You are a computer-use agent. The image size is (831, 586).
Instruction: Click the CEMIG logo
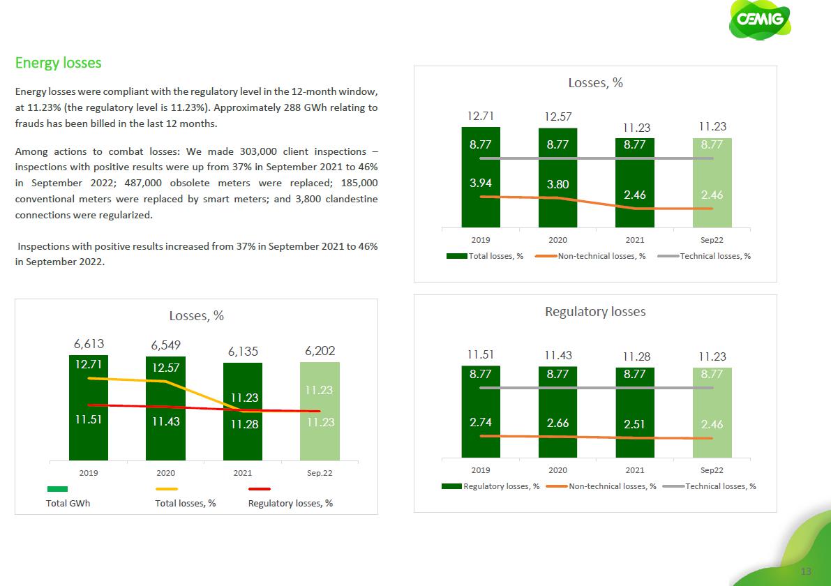(x=760, y=25)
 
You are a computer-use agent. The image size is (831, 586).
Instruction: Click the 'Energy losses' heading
(x=59, y=63)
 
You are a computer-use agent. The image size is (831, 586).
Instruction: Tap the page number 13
(x=807, y=571)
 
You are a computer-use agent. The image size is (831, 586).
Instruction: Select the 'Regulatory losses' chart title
(x=595, y=311)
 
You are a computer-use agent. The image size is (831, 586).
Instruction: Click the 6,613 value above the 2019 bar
(x=88, y=344)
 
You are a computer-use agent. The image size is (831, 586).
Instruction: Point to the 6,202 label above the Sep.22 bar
(x=320, y=350)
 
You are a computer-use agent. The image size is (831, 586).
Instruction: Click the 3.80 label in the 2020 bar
(x=557, y=185)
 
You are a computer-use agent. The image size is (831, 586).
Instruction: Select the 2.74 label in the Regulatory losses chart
(x=480, y=423)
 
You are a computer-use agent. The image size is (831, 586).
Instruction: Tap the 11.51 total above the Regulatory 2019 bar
(x=480, y=356)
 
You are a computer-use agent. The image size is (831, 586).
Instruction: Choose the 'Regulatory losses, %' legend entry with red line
(x=290, y=503)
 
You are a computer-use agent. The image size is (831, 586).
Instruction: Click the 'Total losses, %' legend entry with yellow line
(x=185, y=503)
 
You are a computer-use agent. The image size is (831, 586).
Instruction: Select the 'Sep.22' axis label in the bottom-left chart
(x=320, y=472)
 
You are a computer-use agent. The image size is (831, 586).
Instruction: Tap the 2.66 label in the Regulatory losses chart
(x=557, y=423)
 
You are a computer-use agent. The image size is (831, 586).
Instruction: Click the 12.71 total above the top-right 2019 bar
(x=480, y=115)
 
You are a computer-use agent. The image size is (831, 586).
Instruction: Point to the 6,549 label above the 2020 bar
(x=165, y=346)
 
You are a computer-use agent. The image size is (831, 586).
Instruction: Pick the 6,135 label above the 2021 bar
(x=242, y=352)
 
